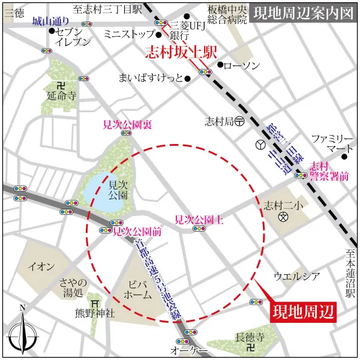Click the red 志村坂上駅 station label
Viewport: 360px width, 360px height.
coord(181,52)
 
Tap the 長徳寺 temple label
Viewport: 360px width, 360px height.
coord(250,338)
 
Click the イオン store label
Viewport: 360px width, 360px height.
coord(42,266)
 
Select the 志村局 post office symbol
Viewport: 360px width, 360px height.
coord(239,120)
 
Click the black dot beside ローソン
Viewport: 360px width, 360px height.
coord(221,64)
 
